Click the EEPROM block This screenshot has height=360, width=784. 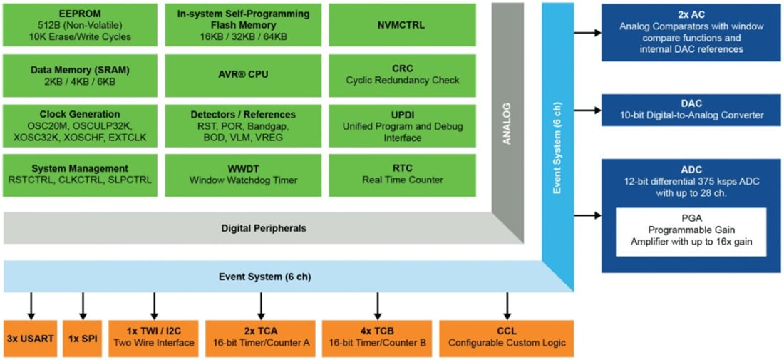tap(80, 25)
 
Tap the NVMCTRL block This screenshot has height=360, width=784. tap(403, 25)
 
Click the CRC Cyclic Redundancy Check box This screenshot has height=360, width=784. tap(403, 75)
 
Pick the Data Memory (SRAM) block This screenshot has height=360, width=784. tap(80, 75)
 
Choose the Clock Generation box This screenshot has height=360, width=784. tap(80, 125)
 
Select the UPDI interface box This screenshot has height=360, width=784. tap(403, 125)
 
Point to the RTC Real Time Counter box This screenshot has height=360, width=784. tap(403, 174)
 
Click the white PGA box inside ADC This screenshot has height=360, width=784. tap(691, 232)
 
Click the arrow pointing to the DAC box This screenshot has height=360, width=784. tap(587, 110)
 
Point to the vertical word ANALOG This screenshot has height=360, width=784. tap(507, 123)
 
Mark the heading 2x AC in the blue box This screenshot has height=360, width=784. tap(691, 14)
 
